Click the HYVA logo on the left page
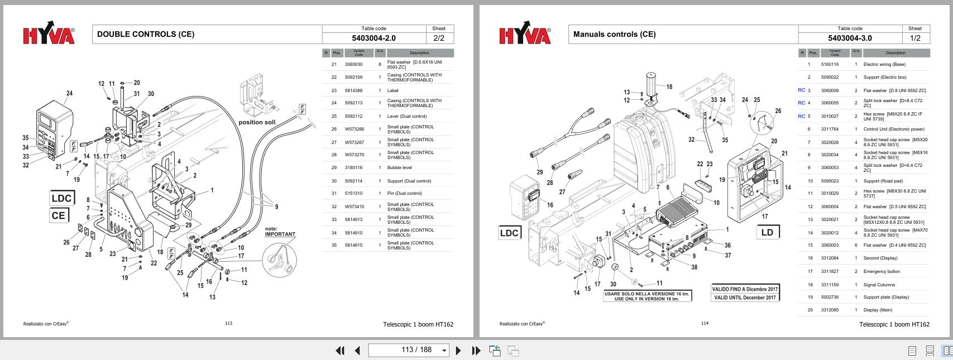coord(49,36)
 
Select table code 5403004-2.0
coord(373,38)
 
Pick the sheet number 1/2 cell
coord(915,38)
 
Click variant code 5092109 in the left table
coord(353,78)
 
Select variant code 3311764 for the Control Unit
coord(830,129)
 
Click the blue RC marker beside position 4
coord(801,103)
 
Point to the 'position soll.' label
coord(257,122)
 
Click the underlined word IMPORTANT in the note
coord(280,234)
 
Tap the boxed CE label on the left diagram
coord(59,215)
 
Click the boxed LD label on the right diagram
coord(767,232)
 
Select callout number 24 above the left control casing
coord(69,93)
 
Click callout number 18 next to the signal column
coord(669,87)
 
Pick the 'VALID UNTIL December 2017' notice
coord(745,297)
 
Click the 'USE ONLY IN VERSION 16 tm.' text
coord(646,299)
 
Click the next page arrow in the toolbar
coord(458,351)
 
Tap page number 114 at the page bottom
coord(705,323)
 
